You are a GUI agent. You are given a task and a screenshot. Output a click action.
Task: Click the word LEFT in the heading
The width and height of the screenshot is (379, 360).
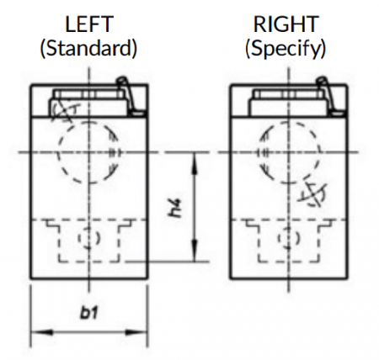click(x=89, y=24)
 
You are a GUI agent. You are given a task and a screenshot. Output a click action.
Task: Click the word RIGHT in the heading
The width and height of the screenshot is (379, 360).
click(x=286, y=24)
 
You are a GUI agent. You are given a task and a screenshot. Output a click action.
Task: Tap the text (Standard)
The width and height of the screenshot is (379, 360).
click(x=89, y=48)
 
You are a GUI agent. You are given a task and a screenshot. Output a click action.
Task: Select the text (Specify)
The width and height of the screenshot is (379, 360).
click(x=286, y=48)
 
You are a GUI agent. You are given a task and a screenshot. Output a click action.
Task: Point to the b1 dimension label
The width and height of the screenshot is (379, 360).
click(x=89, y=312)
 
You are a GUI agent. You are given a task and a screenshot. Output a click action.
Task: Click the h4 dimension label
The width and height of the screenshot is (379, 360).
click(x=176, y=209)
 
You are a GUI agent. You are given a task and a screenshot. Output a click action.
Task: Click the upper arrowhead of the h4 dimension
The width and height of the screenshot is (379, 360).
click(x=195, y=164)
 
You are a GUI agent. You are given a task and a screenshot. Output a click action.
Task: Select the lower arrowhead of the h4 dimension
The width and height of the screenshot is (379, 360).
click(x=195, y=251)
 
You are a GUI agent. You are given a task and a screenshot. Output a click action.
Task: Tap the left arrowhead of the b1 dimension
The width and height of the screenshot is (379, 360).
click(x=41, y=332)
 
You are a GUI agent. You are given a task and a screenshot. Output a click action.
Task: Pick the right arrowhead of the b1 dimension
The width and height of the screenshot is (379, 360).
click(x=136, y=332)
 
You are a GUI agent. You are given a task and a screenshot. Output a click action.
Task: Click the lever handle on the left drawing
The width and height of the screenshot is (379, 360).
click(x=127, y=94)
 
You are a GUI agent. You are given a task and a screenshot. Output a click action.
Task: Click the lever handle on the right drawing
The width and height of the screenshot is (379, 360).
click(x=327, y=94)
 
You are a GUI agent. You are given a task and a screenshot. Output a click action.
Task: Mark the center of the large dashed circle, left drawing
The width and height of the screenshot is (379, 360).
click(x=89, y=152)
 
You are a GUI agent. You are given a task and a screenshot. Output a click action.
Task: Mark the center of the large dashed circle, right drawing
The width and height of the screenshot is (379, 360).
click(x=289, y=152)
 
